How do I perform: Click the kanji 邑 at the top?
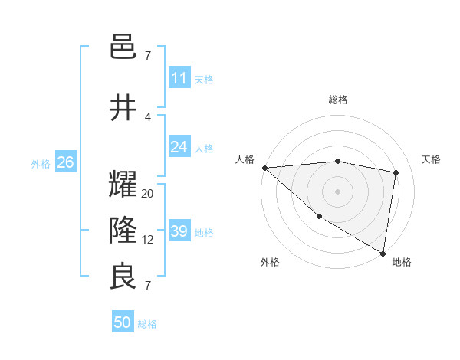123,48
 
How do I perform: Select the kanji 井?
123,108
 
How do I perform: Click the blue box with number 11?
179,78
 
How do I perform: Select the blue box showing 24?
179,147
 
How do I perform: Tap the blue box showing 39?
179,232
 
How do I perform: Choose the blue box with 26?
65,162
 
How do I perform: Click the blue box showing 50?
123,323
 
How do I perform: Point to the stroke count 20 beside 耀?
148,194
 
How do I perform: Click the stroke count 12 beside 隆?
148,240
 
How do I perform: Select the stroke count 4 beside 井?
148,116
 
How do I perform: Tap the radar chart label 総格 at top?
338,100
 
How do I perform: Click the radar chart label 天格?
431,159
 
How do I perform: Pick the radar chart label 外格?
270,262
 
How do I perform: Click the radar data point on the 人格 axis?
264,168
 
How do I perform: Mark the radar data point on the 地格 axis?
383,253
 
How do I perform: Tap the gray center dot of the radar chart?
337,191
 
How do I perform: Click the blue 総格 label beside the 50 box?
147,324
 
